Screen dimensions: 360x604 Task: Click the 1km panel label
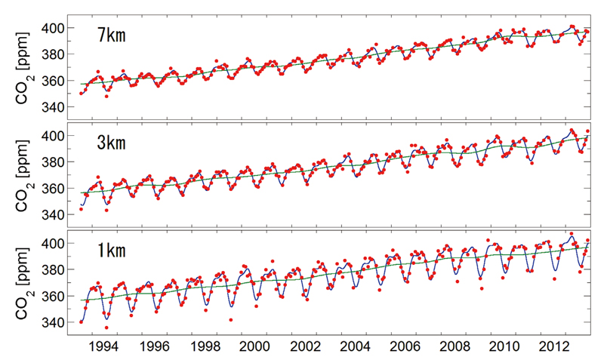pyautogui.click(x=115, y=250)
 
